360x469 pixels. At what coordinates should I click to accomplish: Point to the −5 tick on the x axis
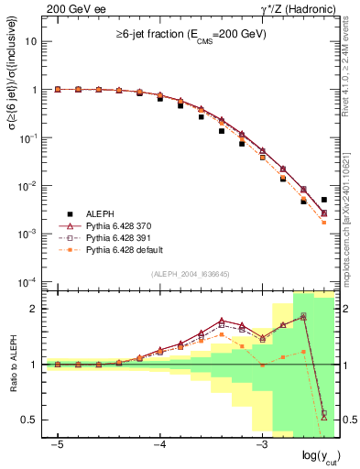coord(58,444)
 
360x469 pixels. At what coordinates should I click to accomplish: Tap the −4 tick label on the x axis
coord(159,444)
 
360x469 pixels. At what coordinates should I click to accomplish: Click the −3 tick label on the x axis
coord(261,444)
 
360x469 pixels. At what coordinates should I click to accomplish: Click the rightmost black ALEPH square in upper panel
coord(323,200)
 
